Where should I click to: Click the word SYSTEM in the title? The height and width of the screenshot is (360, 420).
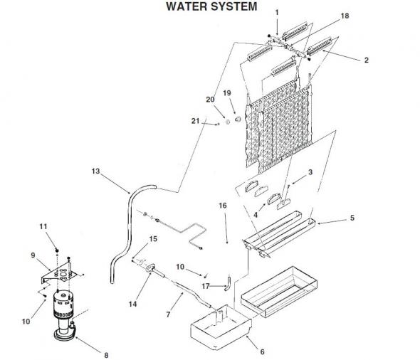coord(233,6)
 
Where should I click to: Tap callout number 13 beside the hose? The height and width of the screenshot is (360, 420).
coord(95,171)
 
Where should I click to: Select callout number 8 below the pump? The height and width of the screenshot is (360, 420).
coord(106,355)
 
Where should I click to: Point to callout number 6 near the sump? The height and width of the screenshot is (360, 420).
coord(262,351)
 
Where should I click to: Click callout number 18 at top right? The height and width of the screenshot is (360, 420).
coord(345,16)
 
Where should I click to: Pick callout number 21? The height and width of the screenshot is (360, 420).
coord(195,121)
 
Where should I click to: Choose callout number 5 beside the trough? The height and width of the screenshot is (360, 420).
coord(352,218)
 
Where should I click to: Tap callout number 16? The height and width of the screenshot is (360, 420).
coord(223,206)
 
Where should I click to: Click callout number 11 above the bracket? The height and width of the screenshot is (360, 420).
coord(43,226)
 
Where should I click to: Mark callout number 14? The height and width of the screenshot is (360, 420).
coord(132,304)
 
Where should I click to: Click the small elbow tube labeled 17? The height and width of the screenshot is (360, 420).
coord(228,285)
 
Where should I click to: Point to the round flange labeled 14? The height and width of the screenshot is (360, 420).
coord(151,268)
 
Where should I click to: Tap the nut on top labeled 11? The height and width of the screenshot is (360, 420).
coord(57,250)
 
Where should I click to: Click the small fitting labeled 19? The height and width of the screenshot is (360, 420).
coord(238,119)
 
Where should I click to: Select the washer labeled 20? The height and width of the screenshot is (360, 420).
coord(227,122)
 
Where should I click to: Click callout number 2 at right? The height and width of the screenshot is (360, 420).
coord(366,60)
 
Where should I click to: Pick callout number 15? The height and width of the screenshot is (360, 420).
coord(153,239)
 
